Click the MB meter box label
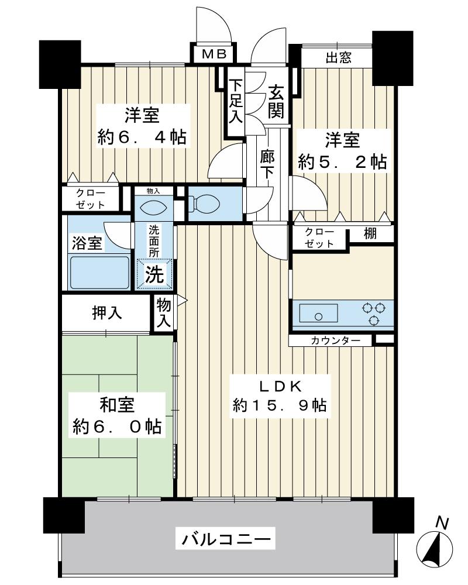214,54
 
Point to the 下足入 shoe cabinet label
235,102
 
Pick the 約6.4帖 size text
142,137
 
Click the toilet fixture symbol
204,204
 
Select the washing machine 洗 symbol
155,275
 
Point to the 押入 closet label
107,313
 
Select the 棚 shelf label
370,233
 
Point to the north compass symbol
435,547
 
